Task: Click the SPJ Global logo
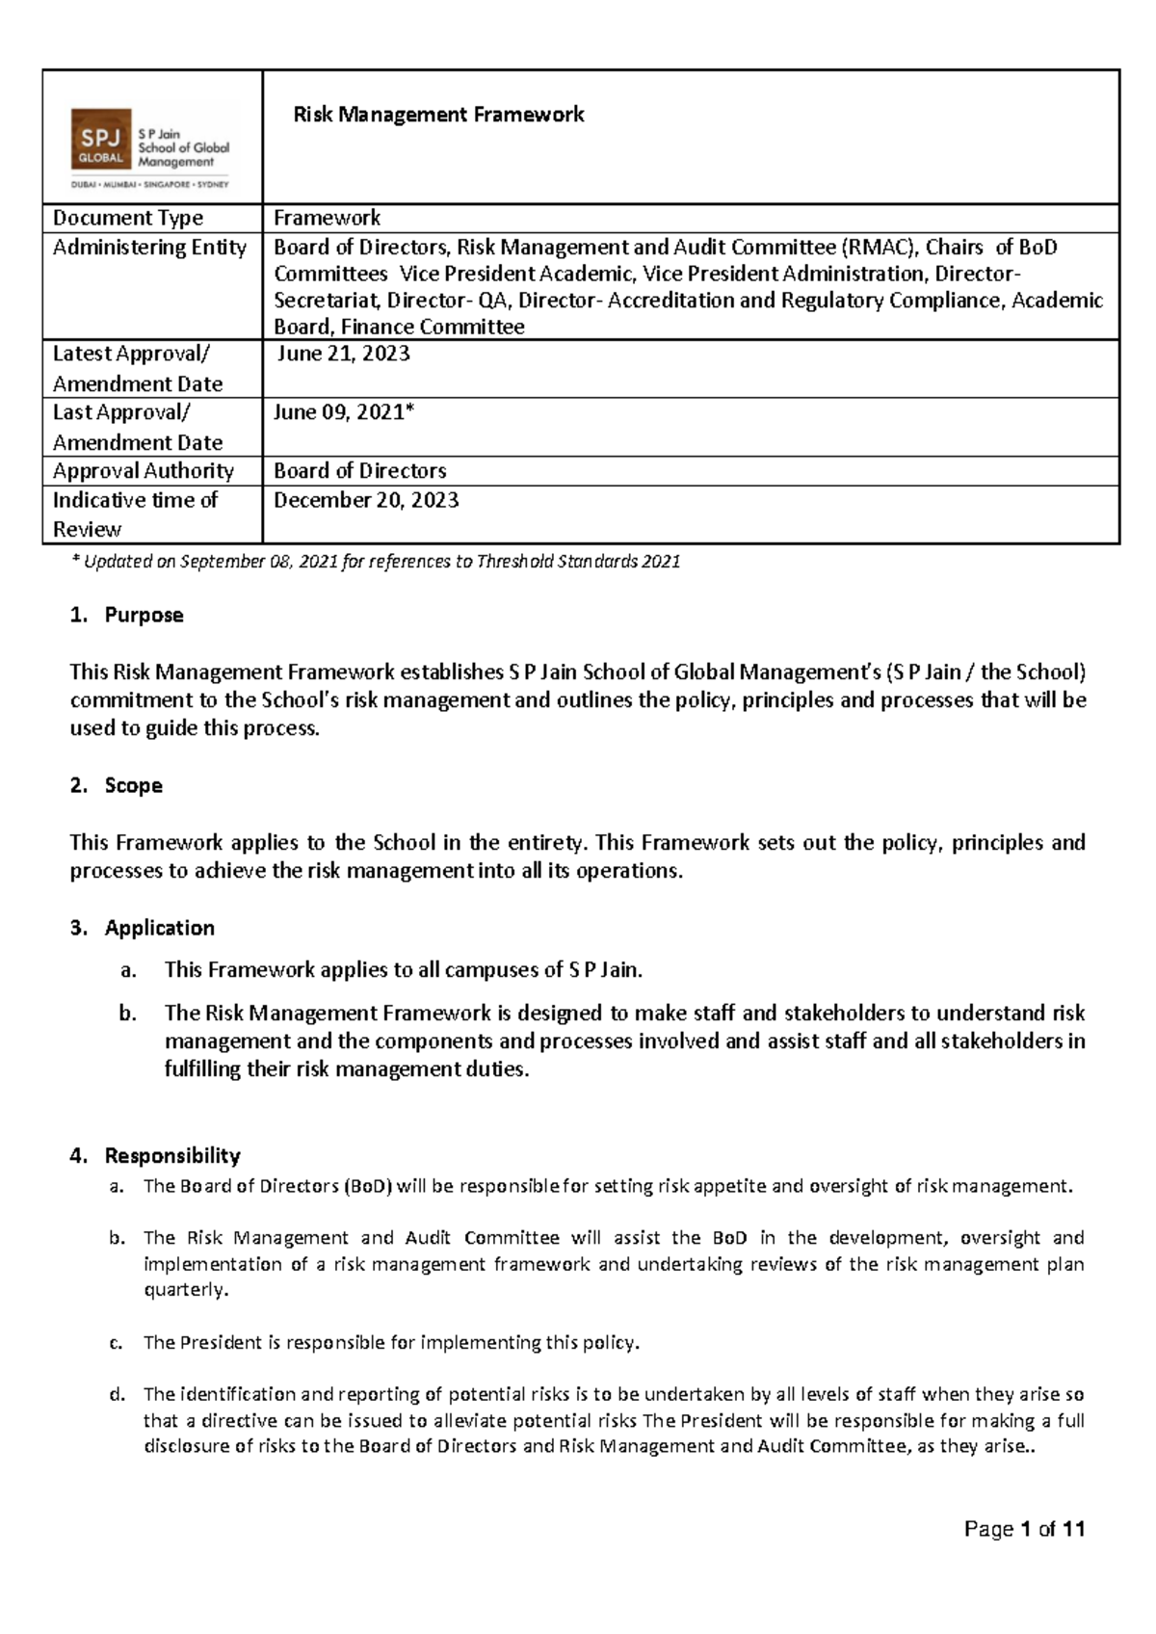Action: (x=151, y=148)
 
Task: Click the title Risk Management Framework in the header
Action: (x=438, y=115)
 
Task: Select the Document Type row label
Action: (x=128, y=218)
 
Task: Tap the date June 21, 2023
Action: (x=343, y=354)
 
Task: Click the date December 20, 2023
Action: (x=366, y=500)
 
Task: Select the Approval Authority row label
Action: (x=144, y=471)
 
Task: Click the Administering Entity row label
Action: (x=149, y=248)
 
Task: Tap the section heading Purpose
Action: (x=144, y=615)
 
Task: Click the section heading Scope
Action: (x=133, y=785)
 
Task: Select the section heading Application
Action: (x=159, y=928)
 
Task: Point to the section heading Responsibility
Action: (x=172, y=1155)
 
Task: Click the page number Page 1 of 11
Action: (x=1025, y=1529)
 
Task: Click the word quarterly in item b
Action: (x=186, y=1290)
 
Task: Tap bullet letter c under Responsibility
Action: (x=117, y=1343)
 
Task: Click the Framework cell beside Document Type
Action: (x=327, y=218)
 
